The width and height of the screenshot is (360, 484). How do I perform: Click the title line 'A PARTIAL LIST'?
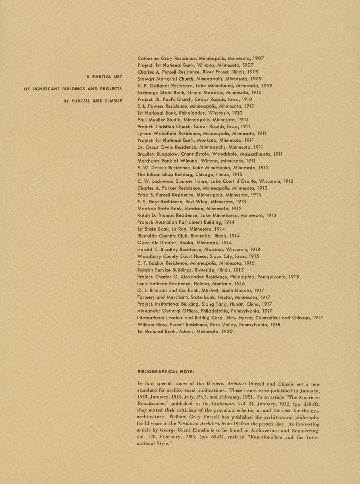[x=104, y=77]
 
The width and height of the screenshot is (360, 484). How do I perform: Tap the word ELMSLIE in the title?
[x=113, y=101]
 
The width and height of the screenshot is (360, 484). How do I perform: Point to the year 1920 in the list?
[x=227, y=332]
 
